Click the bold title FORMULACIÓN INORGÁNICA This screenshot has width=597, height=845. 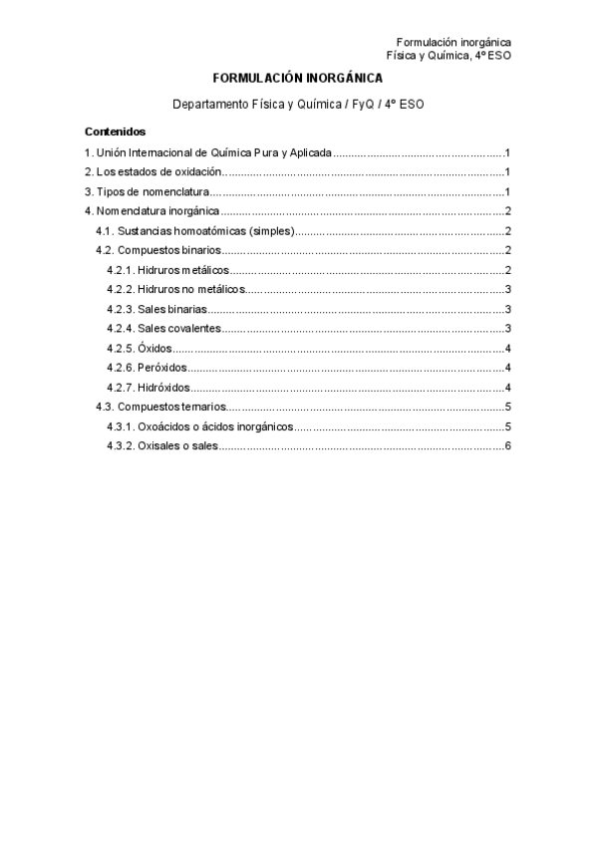(297, 78)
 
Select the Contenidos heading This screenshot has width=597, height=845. (116, 131)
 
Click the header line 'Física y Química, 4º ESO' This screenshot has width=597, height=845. (449, 56)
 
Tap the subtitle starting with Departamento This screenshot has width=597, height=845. (298, 104)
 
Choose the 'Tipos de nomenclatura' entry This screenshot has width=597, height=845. (147, 191)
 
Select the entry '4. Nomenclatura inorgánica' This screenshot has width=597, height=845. (151, 211)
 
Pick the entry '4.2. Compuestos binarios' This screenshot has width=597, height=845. (158, 250)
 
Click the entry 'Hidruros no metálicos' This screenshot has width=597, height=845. (175, 289)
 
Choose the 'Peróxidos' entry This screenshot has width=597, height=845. (147, 368)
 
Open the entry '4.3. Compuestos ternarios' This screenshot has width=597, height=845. (160, 407)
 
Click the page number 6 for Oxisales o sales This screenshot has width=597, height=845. (508, 445)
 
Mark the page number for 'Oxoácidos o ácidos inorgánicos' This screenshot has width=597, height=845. (508, 426)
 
